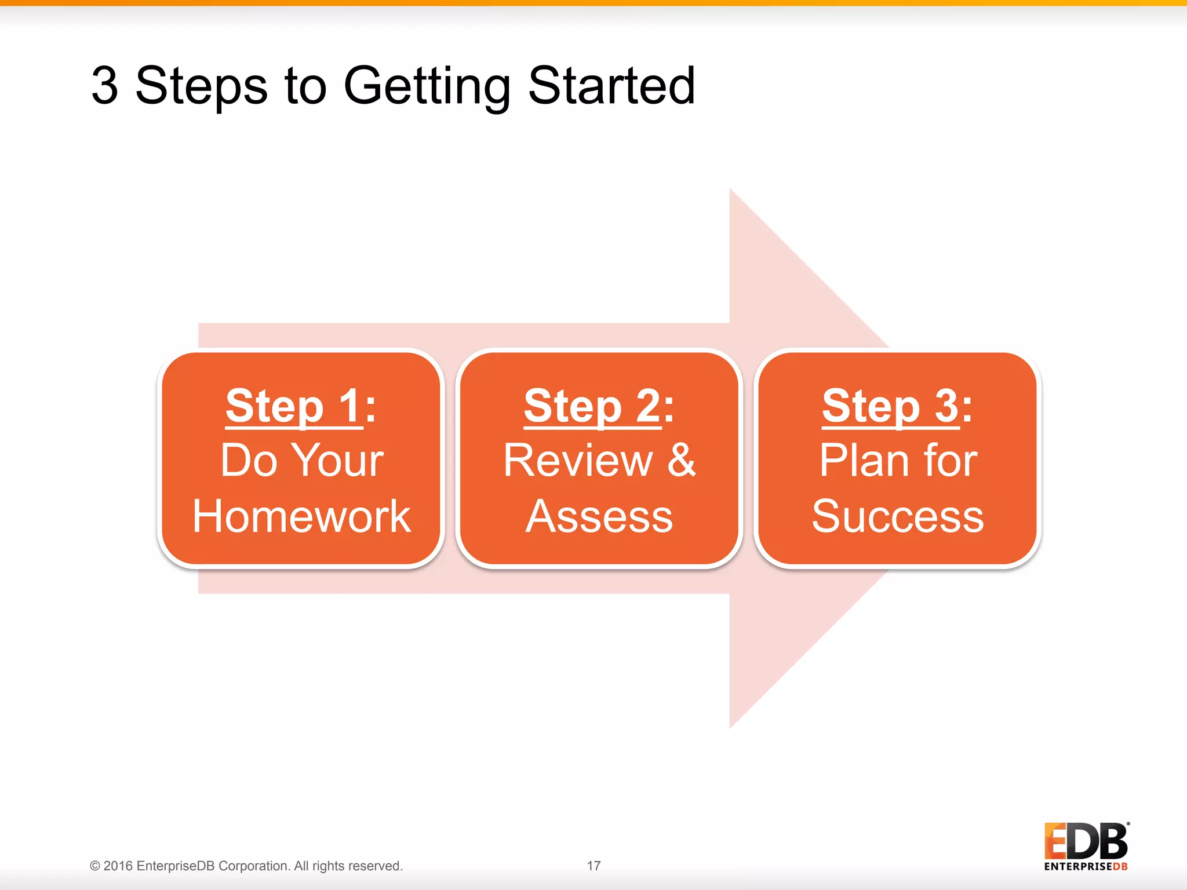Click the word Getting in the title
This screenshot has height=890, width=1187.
click(426, 87)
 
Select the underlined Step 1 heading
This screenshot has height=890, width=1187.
click(294, 407)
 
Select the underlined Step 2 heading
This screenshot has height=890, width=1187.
click(592, 407)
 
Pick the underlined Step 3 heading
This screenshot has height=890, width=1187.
click(891, 407)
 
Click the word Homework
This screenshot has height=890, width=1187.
click(301, 516)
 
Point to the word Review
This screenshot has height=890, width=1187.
click(578, 461)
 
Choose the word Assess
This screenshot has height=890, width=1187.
click(599, 516)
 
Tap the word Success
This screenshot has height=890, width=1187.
click(897, 516)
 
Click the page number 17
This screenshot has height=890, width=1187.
click(593, 866)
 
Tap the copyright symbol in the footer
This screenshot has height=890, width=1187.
click(95, 866)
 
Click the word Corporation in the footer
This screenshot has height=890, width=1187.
click(253, 866)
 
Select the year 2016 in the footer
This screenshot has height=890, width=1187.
click(118, 866)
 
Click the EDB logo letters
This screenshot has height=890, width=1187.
click(1086, 841)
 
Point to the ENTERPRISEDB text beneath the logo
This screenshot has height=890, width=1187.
click(1086, 867)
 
